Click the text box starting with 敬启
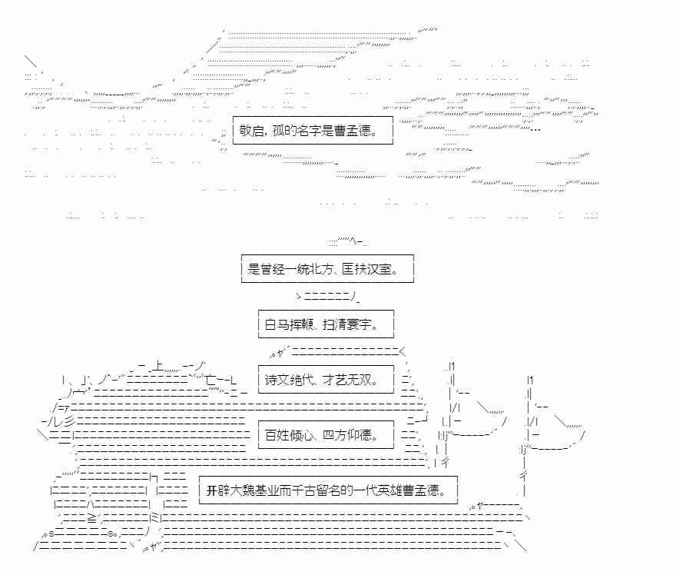point(313,131)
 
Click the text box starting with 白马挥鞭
point(326,325)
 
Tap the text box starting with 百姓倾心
point(326,436)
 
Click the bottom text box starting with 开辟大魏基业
point(328,490)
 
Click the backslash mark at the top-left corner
point(31,61)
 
